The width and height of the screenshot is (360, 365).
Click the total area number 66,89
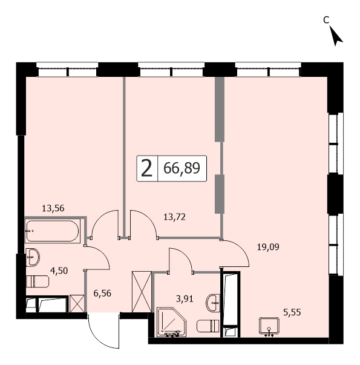pyautogui.click(x=182, y=168)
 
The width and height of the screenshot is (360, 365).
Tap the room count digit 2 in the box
pyautogui.click(x=147, y=168)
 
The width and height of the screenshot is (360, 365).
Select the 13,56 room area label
pyautogui.click(x=53, y=208)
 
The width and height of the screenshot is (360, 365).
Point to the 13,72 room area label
pyautogui.click(x=174, y=217)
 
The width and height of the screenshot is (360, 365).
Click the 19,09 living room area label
pyautogui.click(x=268, y=247)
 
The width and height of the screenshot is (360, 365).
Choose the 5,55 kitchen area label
pyautogui.click(x=292, y=312)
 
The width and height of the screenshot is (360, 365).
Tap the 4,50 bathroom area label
pyautogui.click(x=59, y=271)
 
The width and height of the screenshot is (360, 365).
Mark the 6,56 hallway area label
pyautogui.click(x=102, y=294)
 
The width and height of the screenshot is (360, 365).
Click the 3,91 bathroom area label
pyautogui.click(x=185, y=298)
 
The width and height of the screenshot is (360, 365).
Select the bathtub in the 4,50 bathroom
pyautogui.click(x=53, y=231)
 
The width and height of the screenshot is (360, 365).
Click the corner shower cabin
pyautogui.click(x=172, y=322)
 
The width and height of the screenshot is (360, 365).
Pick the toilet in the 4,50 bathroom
pyautogui.click(x=38, y=281)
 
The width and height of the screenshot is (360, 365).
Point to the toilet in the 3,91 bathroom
pyautogui.click(x=208, y=326)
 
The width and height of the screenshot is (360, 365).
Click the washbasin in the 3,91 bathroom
pyautogui.click(x=213, y=303)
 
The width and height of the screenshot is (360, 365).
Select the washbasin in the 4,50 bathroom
pyautogui.click(x=33, y=257)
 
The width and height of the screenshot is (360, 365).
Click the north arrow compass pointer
pyautogui.click(x=336, y=36)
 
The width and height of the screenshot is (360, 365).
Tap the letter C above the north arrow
pyautogui.click(x=326, y=20)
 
